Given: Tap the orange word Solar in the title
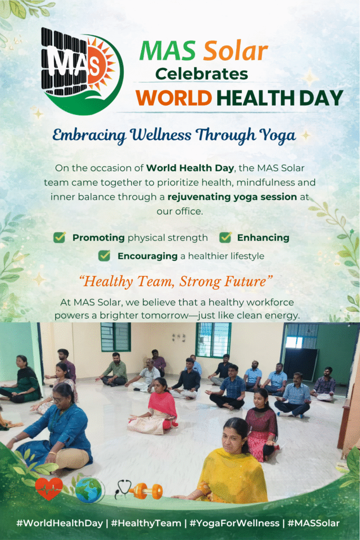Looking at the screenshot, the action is pos(236,51).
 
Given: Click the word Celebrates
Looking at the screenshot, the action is pos(202,74).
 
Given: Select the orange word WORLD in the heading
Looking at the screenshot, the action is pos(173,98).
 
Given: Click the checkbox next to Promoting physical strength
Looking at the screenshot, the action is pos(60,237).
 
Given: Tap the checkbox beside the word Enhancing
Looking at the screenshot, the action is pos(226,237).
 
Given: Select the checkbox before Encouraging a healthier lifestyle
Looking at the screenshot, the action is pos(104,256).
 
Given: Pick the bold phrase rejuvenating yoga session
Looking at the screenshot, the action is pos(232,197).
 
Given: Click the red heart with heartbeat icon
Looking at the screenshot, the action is pos(49,488).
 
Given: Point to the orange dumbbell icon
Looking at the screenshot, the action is pos(146,491).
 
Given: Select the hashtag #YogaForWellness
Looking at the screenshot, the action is pos(235,523).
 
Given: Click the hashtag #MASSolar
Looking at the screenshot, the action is pos(314,523).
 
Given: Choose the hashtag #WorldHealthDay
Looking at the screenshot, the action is pos(60,523).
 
